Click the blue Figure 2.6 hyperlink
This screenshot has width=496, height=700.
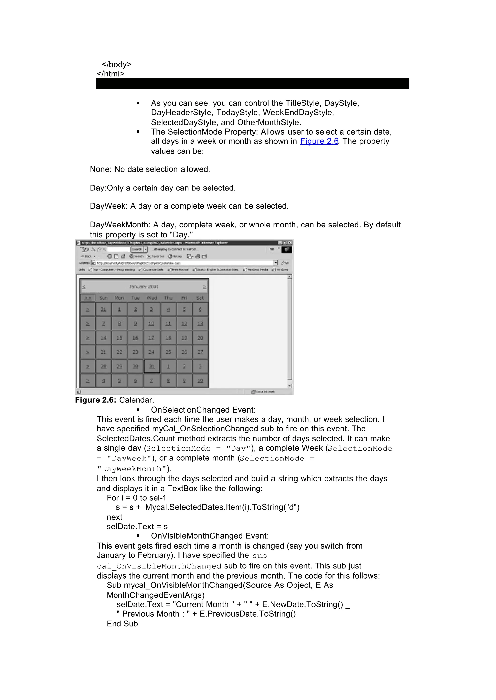(319, 141)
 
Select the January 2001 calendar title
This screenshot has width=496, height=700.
(144, 286)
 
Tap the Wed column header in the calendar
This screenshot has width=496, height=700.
(151, 298)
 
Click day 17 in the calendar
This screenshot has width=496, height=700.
(151, 338)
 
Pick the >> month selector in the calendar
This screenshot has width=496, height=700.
(88, 298)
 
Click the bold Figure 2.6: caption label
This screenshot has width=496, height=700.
(95, 400)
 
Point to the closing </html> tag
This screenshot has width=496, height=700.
(111, 74)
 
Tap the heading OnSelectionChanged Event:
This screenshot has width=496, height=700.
(203, 410)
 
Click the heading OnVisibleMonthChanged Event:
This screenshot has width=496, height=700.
(209, 536)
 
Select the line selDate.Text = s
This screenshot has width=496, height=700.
(137, 526)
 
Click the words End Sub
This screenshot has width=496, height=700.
(122, 624)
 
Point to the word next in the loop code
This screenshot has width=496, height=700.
(114, 517)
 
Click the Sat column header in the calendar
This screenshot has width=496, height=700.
(200, 298)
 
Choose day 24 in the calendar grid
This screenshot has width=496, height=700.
(151, 352)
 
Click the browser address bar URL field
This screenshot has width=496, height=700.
(183, 263)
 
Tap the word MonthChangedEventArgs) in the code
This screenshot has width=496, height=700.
(155, 595)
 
